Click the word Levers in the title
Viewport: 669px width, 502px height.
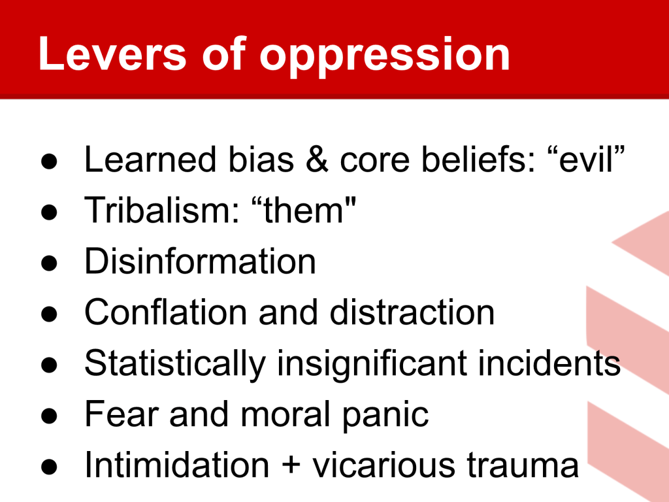click(112, 54)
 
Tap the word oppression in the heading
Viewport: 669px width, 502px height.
click(385, 58)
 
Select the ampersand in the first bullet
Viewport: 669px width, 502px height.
click(317, 159)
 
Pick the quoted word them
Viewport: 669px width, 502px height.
click(303, 210)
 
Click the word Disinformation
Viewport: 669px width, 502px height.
click(200, 261)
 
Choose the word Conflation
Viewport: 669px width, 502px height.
click(166, 312)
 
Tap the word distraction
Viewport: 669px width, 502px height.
click(412, 312)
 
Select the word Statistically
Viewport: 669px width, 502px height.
click(175, 364)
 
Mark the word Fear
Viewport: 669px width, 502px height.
click(122, 414)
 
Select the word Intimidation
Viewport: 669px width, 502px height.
click(177, 465)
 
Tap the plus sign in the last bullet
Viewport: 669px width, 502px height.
click(291, 465)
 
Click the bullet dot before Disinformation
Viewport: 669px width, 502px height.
click(49, 263)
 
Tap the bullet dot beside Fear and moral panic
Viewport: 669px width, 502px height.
click(49, 416)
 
